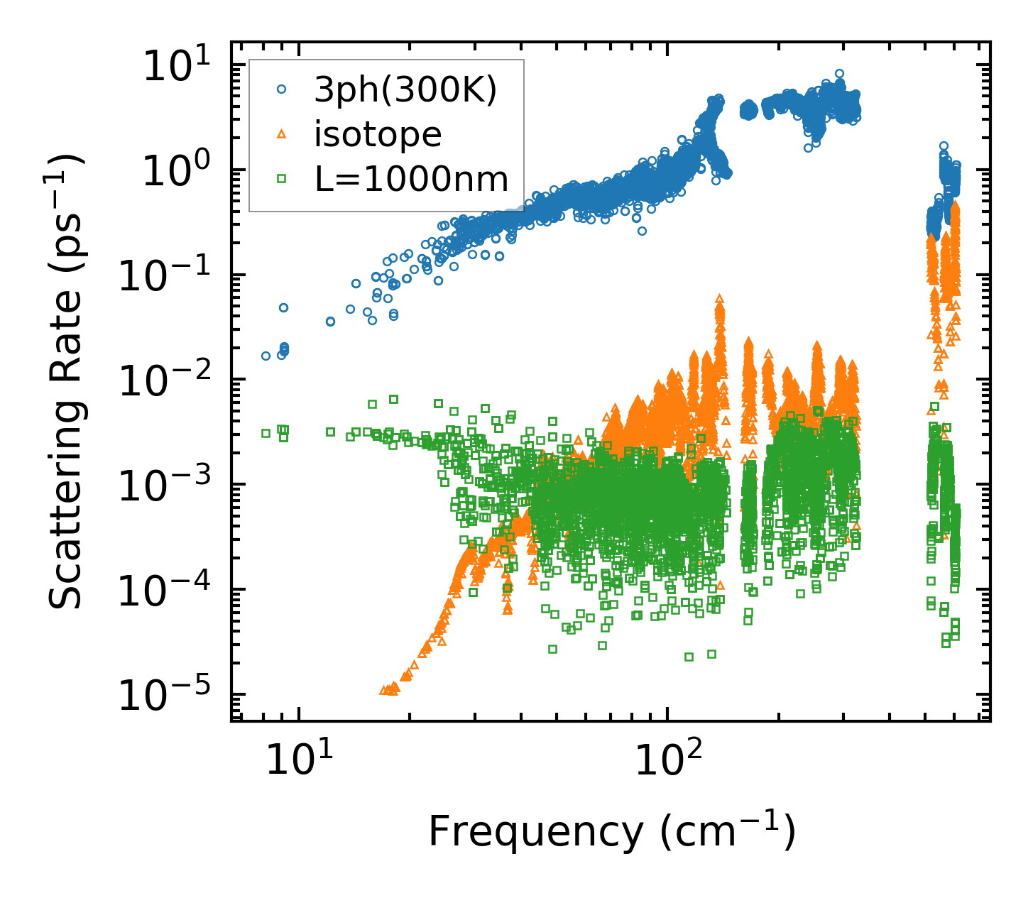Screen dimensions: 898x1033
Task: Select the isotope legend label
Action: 378,134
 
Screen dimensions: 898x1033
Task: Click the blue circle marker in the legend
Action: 281,90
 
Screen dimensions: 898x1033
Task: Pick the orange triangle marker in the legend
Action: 281,134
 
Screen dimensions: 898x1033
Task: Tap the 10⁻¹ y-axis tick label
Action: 170,276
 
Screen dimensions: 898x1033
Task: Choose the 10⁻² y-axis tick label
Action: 170,381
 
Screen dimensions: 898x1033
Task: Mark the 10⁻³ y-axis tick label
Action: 170,486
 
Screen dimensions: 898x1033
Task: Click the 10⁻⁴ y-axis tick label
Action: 170,591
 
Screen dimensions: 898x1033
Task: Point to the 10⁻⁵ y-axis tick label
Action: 170,696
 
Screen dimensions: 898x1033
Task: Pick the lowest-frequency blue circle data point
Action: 266,356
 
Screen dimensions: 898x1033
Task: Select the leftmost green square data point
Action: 266,433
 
